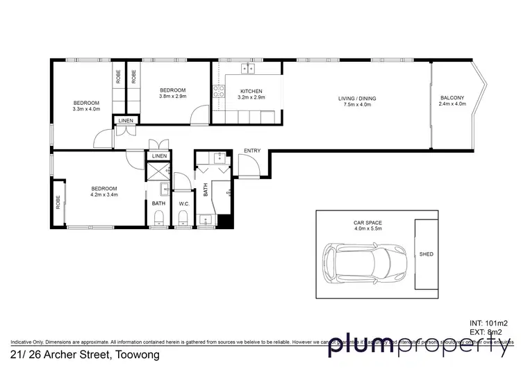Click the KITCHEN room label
click(251, 91)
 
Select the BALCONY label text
click(452, 98)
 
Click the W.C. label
click(184, 203)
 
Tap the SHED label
click(427, 254)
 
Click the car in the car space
click(363, 262)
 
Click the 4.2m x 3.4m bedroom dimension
click(104, 195)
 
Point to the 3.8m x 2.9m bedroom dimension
click(172, 97)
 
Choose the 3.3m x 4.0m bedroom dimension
click(87, 109)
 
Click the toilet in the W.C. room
click(183, 219)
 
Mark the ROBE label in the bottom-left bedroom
click(58, 203)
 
